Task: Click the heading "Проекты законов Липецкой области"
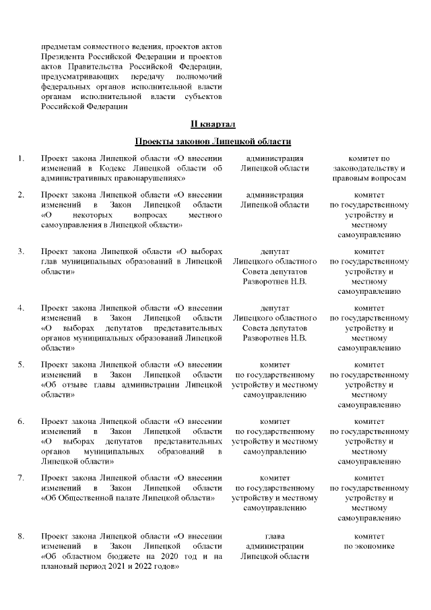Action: coord(213,142)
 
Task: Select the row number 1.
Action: coord(22,158)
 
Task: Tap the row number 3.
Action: coord(22,251)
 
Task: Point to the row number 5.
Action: coord(22,365)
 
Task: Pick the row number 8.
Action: coord(22,536)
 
